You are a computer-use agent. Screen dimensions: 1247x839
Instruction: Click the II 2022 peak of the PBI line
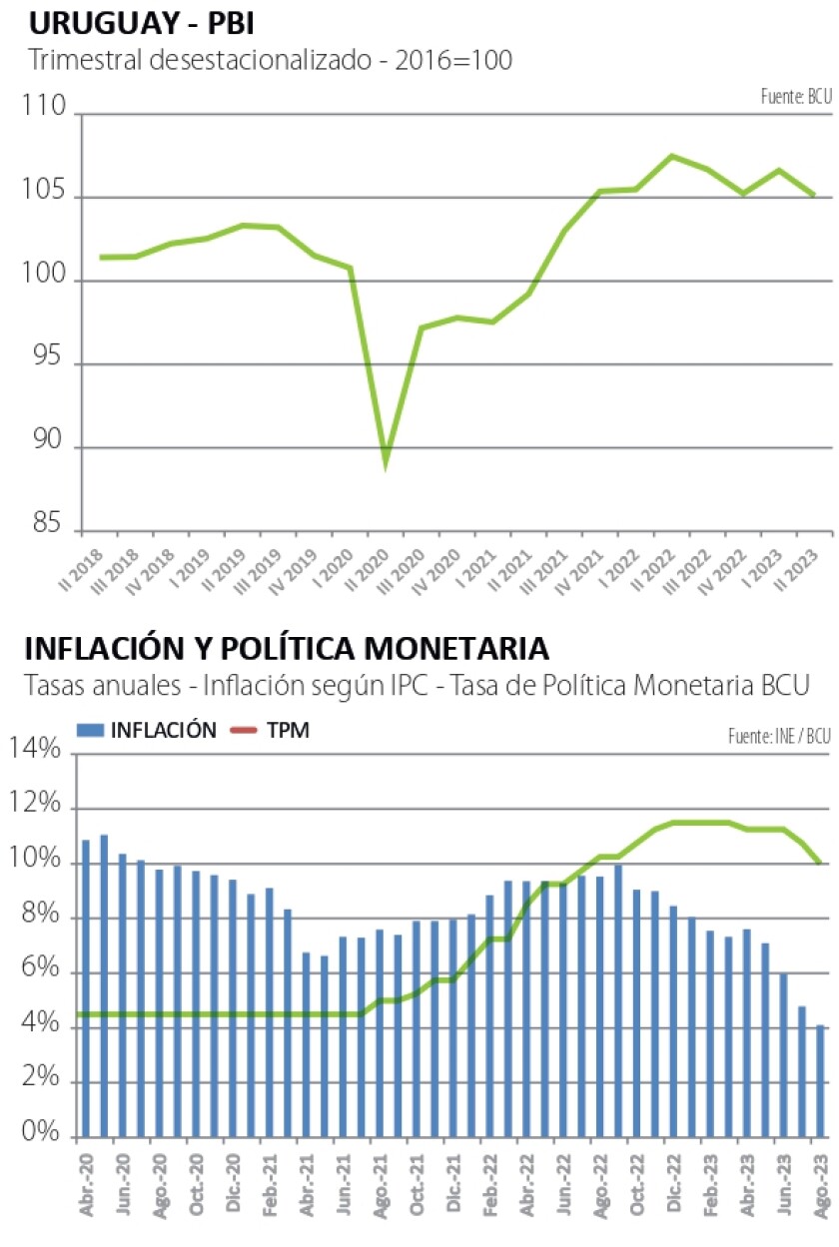[x=671, y=156]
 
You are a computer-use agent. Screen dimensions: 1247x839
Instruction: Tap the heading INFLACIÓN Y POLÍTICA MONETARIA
[x=287, y=648]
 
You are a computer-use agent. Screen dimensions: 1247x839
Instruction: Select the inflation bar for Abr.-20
[x=86, y=988]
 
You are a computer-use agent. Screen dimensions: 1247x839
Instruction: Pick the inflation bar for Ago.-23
[x=820, y=1081]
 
